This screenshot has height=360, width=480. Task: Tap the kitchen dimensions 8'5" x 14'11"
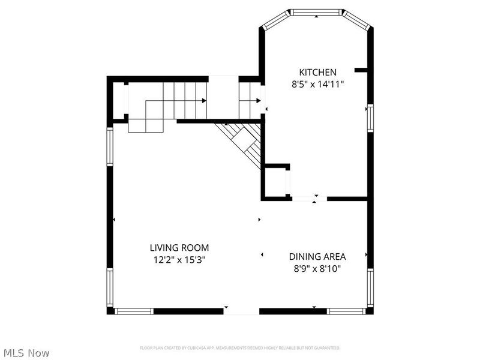(317, 85)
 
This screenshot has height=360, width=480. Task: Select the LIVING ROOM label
(179, 247)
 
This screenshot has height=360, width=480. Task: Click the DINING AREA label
(317, 256)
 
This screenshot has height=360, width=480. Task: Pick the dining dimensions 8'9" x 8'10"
(317, 269)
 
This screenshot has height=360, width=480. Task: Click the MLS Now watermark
(26, 353)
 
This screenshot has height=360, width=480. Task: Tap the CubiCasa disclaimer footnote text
(240, 348)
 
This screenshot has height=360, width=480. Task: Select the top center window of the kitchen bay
(316, 12)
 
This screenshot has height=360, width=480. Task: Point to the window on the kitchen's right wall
(370, 118)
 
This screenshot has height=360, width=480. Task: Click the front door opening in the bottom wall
(241, 311)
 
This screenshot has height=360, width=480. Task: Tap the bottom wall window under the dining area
(346, 311)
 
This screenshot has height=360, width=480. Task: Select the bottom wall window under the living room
(134, 311)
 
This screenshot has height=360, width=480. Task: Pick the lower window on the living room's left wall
(110, 287)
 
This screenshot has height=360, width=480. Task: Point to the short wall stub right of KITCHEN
(361, 70)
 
